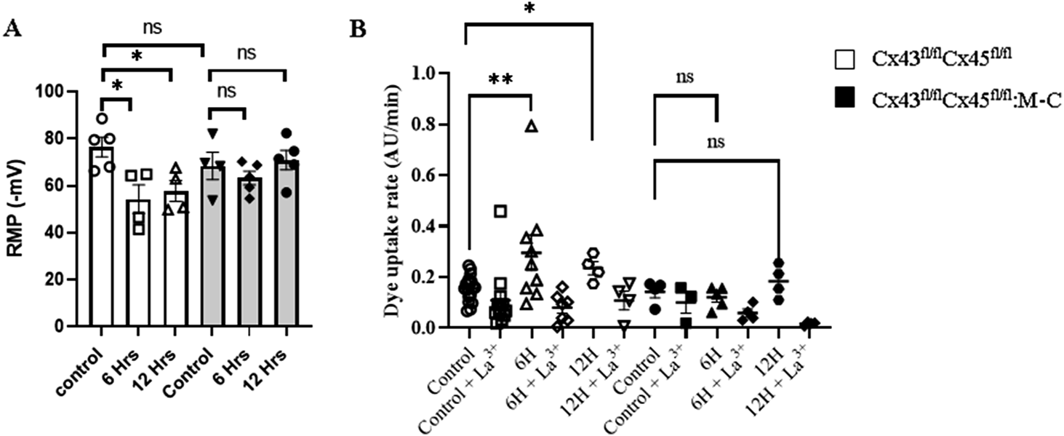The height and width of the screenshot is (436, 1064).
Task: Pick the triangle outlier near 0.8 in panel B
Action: click(x=532, y=127)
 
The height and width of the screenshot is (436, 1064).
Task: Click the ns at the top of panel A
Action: click(x=151, y=28)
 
